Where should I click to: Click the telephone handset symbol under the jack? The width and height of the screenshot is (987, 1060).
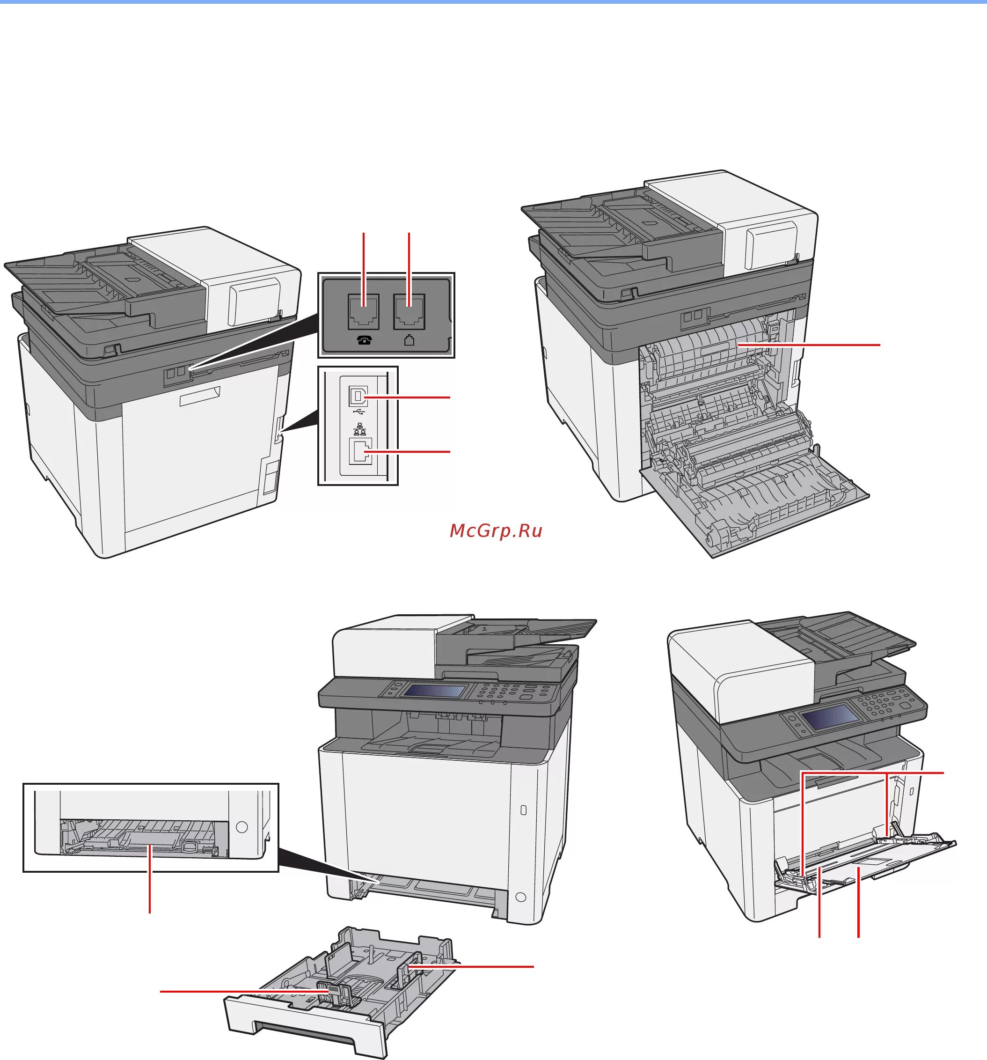[364, 340]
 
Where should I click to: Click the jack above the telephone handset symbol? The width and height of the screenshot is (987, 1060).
[364, 311]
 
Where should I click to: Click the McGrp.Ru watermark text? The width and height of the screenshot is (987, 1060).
[496, 530]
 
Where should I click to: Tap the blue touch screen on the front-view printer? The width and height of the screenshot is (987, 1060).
[434, 691]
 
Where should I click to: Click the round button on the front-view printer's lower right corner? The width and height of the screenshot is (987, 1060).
[521, 897]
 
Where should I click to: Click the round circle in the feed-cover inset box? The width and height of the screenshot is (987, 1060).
[241, 827]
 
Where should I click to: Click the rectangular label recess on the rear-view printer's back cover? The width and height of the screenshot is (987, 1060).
[199, 397]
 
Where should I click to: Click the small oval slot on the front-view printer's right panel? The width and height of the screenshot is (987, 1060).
[523, 810]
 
